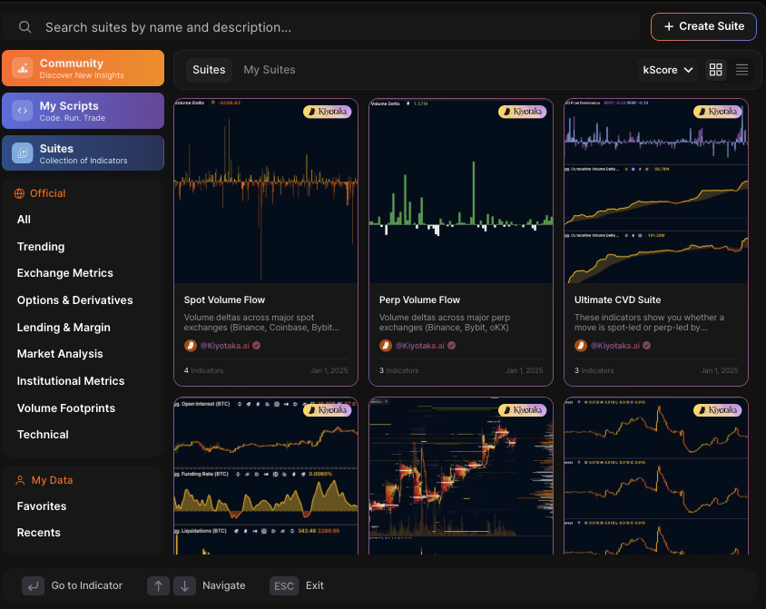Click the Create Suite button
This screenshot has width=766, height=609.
(x=703, y=26)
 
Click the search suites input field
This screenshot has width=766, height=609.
(x=327, y=27)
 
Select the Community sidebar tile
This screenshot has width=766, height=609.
(x=83, y=68)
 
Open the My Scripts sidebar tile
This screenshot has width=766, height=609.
(x=83, y=111)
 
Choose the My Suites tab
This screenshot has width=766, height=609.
(x=269, y=70)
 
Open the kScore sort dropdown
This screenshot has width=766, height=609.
(x=668, y=70)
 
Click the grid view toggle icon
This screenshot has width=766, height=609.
(x=716, y=70)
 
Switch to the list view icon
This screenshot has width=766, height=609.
(x=741, y=70)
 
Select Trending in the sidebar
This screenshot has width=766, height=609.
(x=41, y=247)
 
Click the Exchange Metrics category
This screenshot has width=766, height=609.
(x=65, y=273)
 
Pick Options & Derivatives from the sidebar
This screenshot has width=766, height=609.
(x=75, y=300)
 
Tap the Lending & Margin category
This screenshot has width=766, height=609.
(x=64, y=328)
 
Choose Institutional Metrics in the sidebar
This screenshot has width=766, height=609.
(x=71, y=381)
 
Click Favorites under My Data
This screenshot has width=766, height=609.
(x=42, y=506)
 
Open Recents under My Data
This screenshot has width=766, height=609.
(x=39, y=533)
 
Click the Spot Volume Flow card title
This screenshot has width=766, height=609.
(x=224, y=300)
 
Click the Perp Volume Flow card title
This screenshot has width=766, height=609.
(x=419, y=300)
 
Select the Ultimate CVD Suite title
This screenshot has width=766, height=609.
(x=617, y=300)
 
